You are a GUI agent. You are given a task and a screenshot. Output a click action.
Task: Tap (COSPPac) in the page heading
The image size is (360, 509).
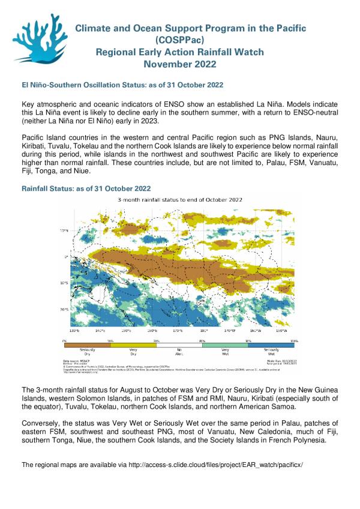[179, 40]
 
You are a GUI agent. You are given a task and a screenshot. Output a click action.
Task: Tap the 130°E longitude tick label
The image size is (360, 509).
[74, 331]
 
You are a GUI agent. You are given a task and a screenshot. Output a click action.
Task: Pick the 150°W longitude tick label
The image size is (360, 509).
[281, 331]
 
